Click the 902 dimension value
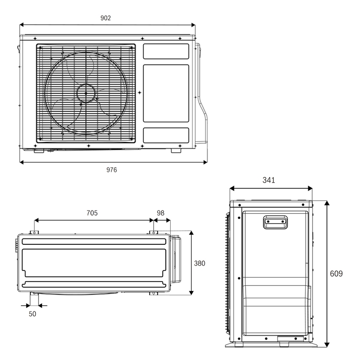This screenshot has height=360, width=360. point(105,18)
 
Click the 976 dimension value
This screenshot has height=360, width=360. point(111,170)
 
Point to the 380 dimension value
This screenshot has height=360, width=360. point(199,263)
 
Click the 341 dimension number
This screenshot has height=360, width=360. point(269,180)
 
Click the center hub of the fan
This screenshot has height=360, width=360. point(86,93)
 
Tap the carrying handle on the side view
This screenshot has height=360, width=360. point(275,222)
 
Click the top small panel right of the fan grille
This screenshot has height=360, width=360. point(166,51)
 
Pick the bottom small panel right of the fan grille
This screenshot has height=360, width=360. point(166,135)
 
